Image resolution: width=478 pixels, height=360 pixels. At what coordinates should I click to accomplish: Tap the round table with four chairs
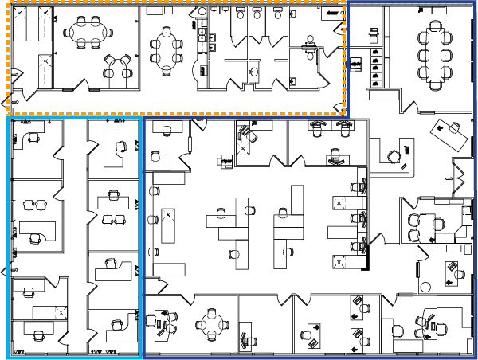pos(212,324)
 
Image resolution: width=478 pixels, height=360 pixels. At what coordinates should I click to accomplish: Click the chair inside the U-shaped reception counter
pos(394,155)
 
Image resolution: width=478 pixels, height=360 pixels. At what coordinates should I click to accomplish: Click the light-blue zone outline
pos(10,239)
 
